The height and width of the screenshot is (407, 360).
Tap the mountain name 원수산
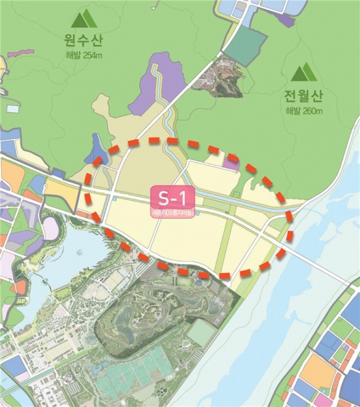(83, 41)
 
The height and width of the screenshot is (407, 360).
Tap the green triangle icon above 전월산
(304, 73)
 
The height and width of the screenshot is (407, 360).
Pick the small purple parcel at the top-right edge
(287, 19)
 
